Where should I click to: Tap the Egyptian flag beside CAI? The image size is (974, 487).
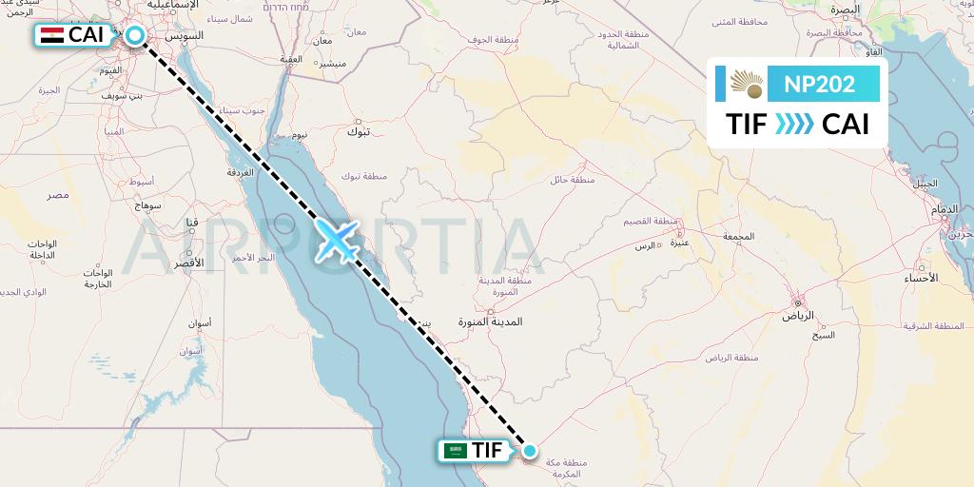click(x=53, y=36)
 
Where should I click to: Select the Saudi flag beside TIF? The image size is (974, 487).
click(x=455, y=451)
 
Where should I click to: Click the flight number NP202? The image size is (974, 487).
click(x=819, y=84)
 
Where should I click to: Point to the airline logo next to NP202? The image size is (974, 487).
click(x=747, y=84)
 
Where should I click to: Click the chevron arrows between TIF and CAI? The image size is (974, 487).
click(x=794, y=125)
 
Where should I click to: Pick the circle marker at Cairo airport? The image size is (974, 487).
click(x=135, y=36)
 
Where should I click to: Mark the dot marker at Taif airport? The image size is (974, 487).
click(x=530, y=451)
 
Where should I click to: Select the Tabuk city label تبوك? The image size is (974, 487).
click(x=360, y=132)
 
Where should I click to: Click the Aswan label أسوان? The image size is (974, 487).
click(x=198, y=323)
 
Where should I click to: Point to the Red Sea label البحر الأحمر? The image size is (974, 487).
click(x=252, y=257)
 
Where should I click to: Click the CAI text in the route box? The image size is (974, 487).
click(x=846, y=125)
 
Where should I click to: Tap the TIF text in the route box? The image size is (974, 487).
click(x=747, y=125)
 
